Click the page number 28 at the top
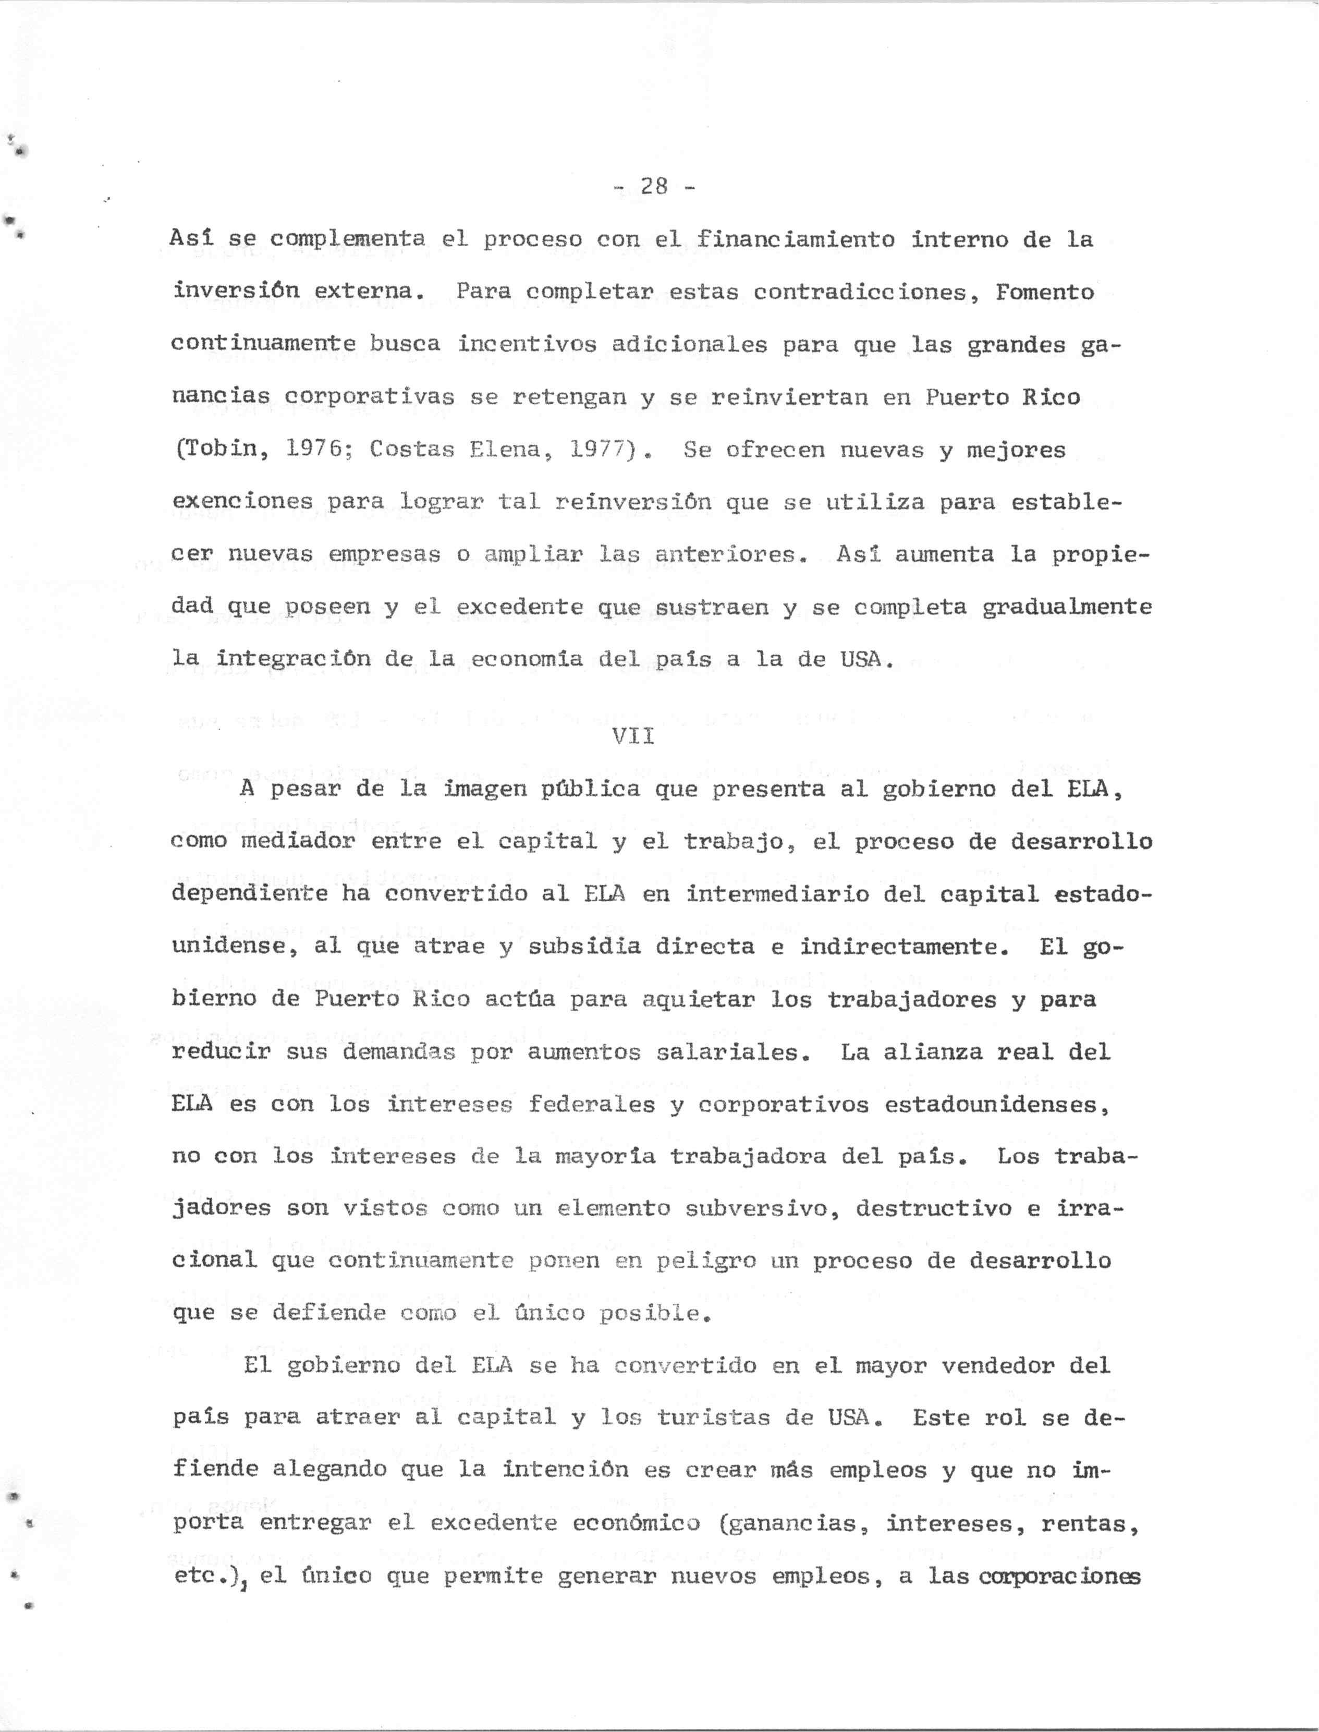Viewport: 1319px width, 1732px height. tap(653, 186)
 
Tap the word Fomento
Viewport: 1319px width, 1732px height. tap(1044, 292)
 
